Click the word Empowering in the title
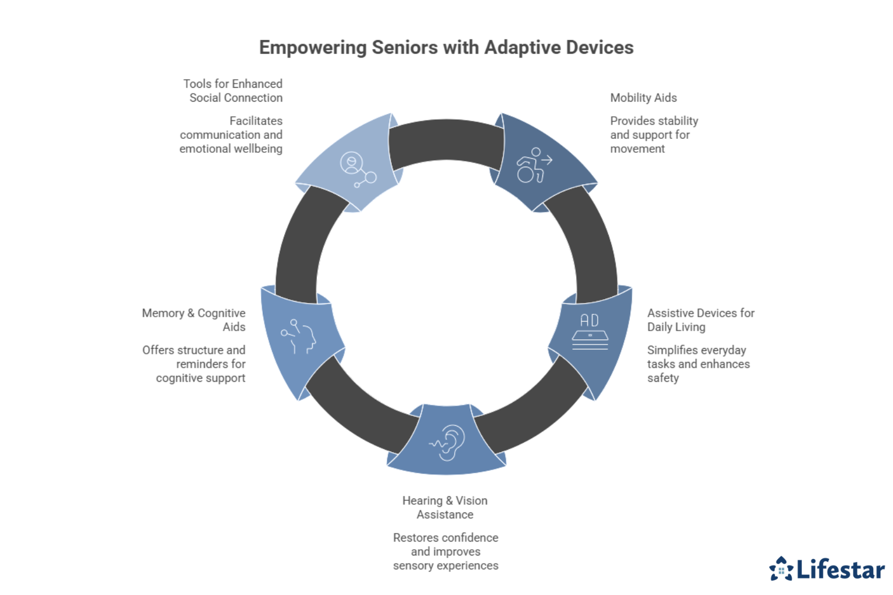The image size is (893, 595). [x=312, y=48]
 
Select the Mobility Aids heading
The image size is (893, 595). [x=643, y=98]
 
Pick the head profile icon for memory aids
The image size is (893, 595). [x=300, y=335]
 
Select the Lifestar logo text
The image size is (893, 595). [x=840, y=569]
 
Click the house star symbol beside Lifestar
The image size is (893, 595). [x=781, y=569]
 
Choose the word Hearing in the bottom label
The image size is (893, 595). [x=422, y=501]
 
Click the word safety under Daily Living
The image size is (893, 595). [x=663, y=378]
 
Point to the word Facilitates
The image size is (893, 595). [x=256, y=121]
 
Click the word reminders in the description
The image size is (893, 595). [x=210, y=364]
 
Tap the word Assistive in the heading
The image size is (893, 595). [x=670, y=313]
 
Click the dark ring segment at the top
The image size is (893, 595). [x=446, y=143]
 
